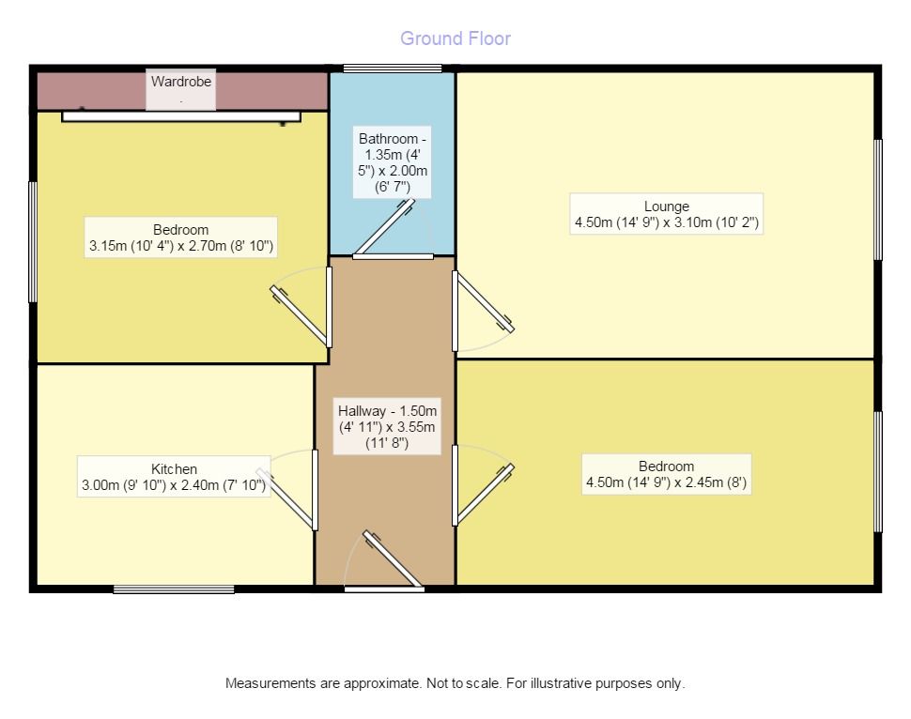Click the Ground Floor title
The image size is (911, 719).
[455, 38]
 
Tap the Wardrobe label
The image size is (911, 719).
[181, 83]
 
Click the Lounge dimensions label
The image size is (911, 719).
[666, 215]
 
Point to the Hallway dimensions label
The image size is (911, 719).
[387, 427]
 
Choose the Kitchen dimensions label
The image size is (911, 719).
[175, 478]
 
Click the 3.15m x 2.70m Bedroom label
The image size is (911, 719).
[181, 238]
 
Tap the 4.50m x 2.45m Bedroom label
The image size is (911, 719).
[666, 475]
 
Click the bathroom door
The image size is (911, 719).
[383, 227]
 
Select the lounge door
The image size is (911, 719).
[484, 301]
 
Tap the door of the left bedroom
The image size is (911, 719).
[301, 314]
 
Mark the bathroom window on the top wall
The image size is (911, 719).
[392, 69]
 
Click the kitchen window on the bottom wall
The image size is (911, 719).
[174, 589]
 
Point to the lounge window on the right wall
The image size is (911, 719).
[879, 199]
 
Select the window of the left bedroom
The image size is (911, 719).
[33, 241]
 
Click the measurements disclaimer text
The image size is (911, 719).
[455, 683]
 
